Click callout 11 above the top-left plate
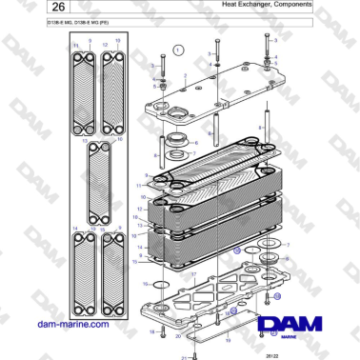tap(76, 45)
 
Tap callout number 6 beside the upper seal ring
tap(157, 122)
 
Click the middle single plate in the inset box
tap(98, 181)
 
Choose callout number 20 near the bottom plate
tap(176, 336)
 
